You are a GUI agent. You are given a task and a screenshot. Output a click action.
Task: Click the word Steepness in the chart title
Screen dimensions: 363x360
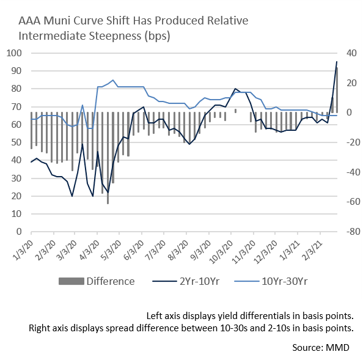[x=115, y=36]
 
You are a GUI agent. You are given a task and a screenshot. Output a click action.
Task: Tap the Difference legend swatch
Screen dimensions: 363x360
[x=71, y=281]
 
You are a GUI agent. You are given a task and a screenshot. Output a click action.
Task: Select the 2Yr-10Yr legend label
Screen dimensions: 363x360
[x=199, y=281]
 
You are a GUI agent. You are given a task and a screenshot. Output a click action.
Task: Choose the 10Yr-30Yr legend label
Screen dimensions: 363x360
[x=285, y=281]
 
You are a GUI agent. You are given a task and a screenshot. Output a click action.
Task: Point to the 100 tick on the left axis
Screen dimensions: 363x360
[x=14, y=53]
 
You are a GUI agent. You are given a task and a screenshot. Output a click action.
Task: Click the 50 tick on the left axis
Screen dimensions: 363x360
[x=16, y=142]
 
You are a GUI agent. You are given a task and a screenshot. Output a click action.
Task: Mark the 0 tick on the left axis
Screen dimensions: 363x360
[x=19, y=231]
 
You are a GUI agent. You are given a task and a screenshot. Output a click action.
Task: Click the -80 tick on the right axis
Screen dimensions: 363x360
[x=353, y=231]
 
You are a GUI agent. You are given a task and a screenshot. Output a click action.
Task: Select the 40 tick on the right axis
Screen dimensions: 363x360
[x=351, y=53]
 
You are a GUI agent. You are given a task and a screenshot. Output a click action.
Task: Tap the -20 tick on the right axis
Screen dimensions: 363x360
[x=353, y=142]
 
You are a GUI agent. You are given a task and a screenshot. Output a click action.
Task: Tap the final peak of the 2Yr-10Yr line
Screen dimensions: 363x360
[x=337, y=62]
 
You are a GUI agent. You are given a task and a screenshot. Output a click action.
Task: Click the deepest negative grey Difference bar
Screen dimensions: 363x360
[x=108, y=158]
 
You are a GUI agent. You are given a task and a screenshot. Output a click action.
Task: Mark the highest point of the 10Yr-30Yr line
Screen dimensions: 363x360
[x=112, y=80]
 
